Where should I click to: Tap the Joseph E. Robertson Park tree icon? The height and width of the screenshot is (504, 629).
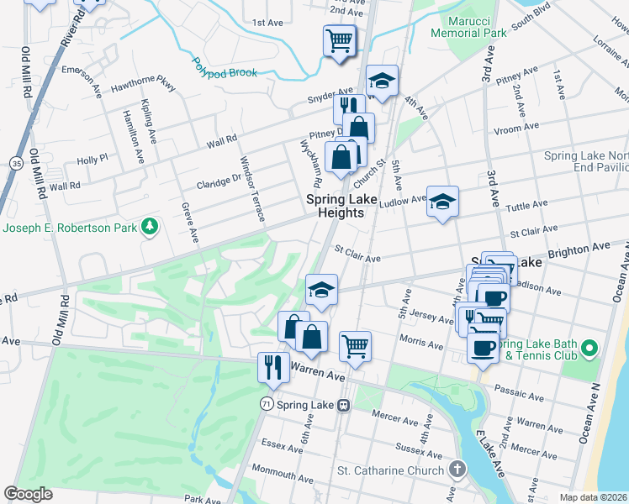click(x=150, y=226)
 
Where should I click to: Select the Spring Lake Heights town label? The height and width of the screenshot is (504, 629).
click(x=335, y=206)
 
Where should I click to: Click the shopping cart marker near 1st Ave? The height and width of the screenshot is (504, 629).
click(x=339, y=39)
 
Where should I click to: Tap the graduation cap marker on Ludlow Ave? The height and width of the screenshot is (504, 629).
click(x=442, y=202)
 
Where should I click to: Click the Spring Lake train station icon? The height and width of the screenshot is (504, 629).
click(x=343, y=405)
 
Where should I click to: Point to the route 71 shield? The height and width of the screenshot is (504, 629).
click(x=266, y=404)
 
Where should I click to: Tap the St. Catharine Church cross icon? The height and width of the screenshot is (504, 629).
click(x=457, y=470)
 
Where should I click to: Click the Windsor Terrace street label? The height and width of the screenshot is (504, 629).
click(x=253, y=189)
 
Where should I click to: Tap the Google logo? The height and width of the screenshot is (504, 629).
click(x=29, y=494)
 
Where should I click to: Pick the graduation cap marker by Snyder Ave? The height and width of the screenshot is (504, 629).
click(x=382, y=81)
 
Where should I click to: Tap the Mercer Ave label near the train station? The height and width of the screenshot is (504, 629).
click(x=395, y=415)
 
